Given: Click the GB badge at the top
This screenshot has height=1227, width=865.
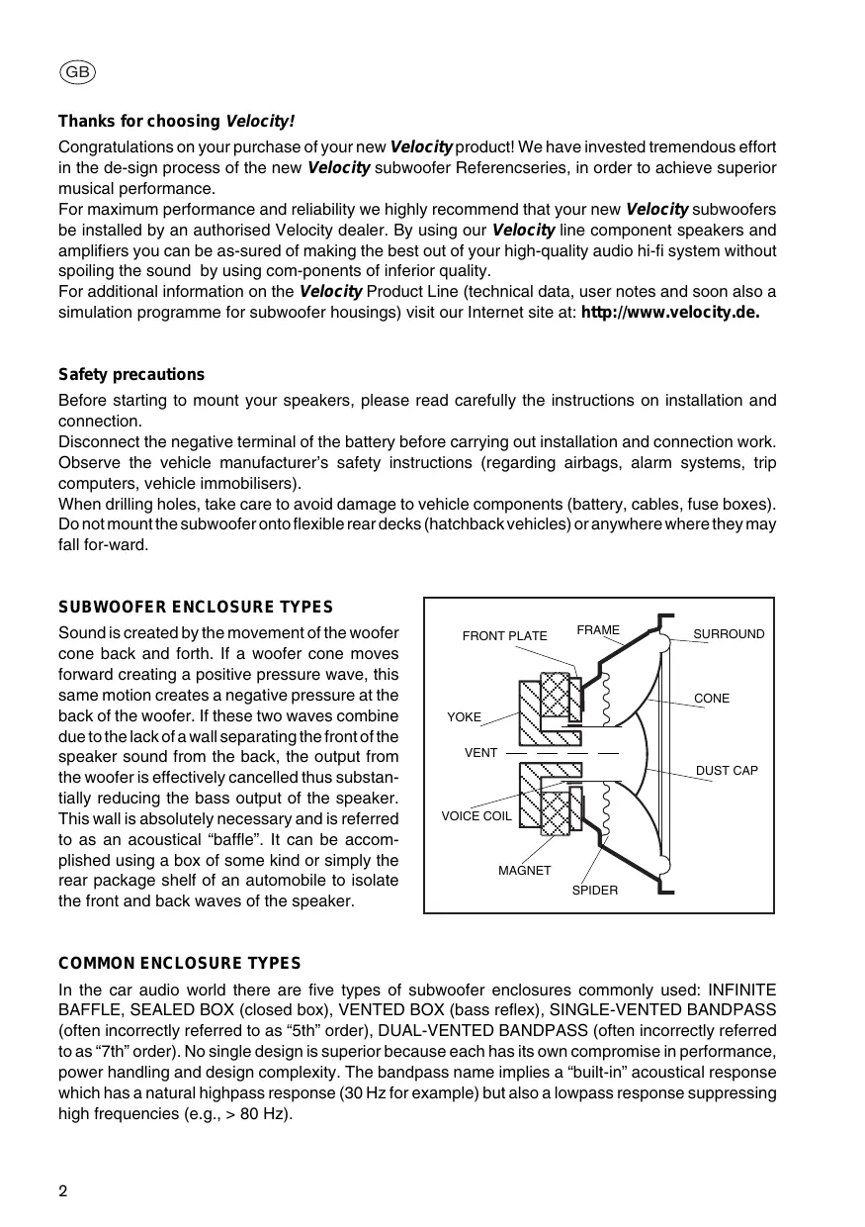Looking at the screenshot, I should point(77,71).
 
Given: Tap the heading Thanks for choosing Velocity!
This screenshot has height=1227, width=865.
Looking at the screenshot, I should point(176,122).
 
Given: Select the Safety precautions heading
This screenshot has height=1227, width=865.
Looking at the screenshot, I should point(131,374).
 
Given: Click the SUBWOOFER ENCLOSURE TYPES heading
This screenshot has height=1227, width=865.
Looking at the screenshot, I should point(196,607).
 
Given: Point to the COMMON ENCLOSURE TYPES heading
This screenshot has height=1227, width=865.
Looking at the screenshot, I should point(180,963).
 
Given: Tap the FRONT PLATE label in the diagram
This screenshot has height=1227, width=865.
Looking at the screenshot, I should point(504,636).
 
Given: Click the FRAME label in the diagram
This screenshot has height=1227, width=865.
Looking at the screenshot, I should point(598,630).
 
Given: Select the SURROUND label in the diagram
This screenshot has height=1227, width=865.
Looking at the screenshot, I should point(729,633).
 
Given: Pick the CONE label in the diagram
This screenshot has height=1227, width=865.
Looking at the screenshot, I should point(712,699).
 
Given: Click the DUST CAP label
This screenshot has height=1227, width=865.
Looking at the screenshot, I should point(727,770).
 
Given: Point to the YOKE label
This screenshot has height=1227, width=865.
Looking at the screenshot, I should point(464,716).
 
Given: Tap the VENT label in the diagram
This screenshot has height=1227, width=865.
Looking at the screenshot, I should point(480,753).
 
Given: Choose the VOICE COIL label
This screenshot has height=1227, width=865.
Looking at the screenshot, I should point(476,816).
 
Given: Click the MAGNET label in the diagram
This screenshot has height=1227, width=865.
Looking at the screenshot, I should point(524,870).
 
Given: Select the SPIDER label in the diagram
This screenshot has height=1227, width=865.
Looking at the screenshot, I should point(595,891).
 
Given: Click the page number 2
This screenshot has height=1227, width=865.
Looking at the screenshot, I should point(63,1190).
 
